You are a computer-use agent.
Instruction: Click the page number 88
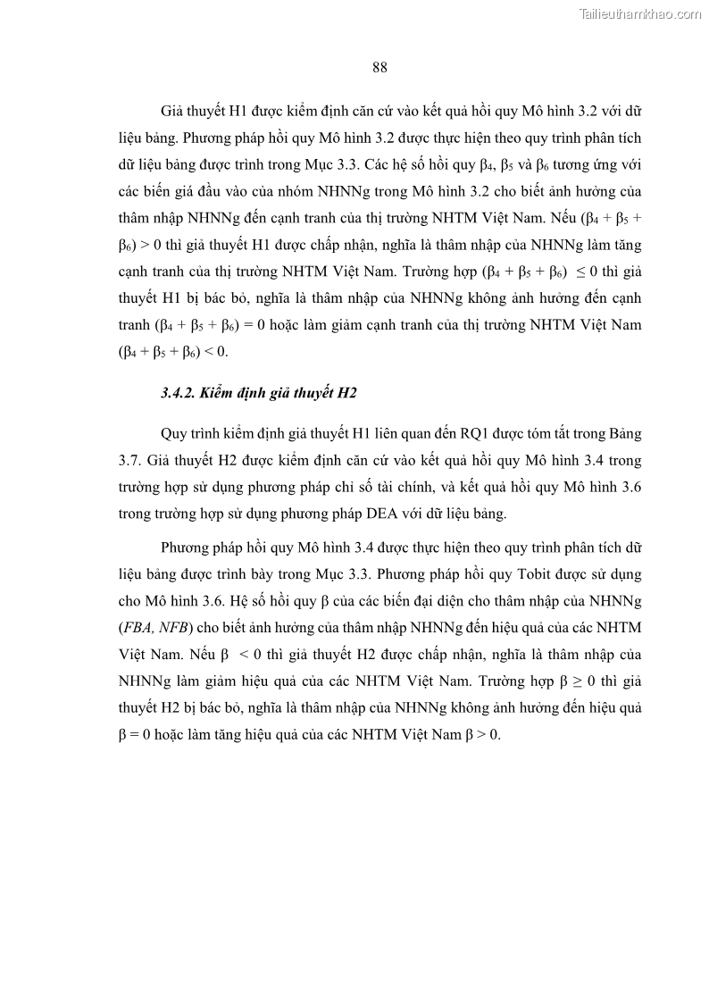pyautogui.click(x=379, y=67)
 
